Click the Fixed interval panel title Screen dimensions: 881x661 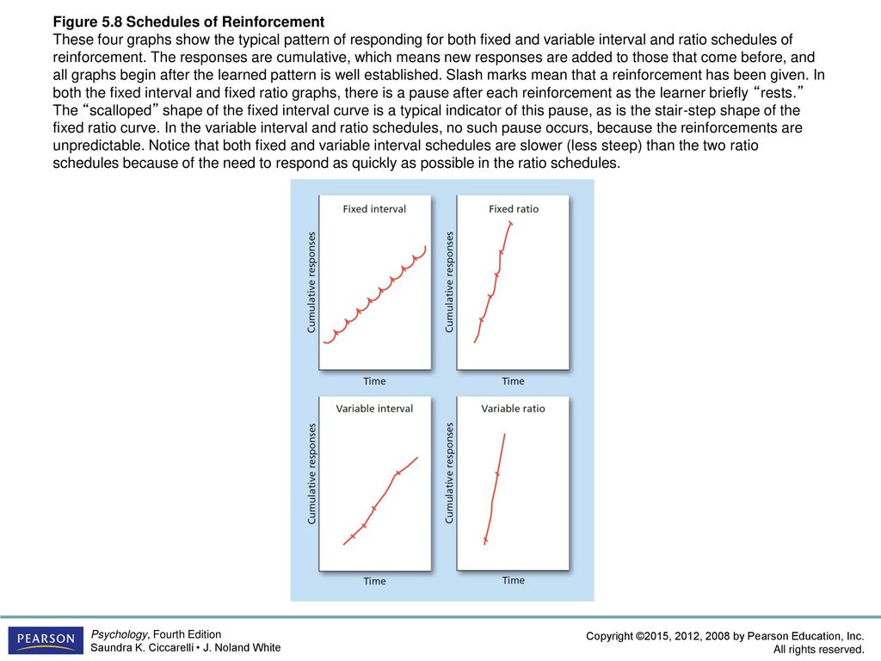click(x=374, y=209)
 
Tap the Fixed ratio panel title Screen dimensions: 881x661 click(x=514, y=209)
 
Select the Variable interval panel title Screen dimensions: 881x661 click(x=374, y=409)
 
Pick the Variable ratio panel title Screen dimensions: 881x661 click(x=513, y=409)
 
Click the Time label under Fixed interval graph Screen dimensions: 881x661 click(x=374, y=381)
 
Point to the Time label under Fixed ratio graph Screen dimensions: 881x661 click(x=513, y=381)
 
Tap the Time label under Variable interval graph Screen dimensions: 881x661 click(x=374, y=581)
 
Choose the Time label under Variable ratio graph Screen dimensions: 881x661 click(x=513, y=580)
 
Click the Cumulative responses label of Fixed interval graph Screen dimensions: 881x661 click(x=311, y=282)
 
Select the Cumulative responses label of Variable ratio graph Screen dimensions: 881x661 click(x=449, y=473)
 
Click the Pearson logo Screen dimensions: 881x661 click(x=46, y=640)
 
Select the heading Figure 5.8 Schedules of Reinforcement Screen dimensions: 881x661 click(x=188, y=22)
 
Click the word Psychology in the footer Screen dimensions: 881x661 click(x=119, y=634)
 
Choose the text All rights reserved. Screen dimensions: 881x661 click(x=819, y=650)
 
